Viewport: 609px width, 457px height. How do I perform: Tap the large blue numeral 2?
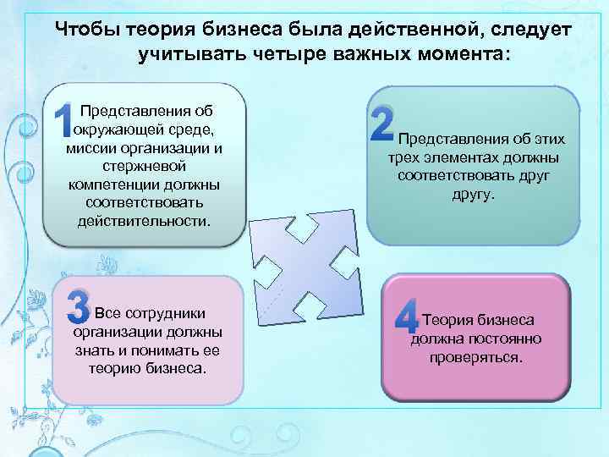(x=382, y=124)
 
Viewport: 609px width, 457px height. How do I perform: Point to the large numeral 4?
(x=407, y=315)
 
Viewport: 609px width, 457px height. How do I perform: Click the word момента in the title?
(x=462, y=54)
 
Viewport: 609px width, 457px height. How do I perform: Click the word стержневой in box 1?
(x=145, y=167)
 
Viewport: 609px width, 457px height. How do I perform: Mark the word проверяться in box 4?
(x=475, y=357)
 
